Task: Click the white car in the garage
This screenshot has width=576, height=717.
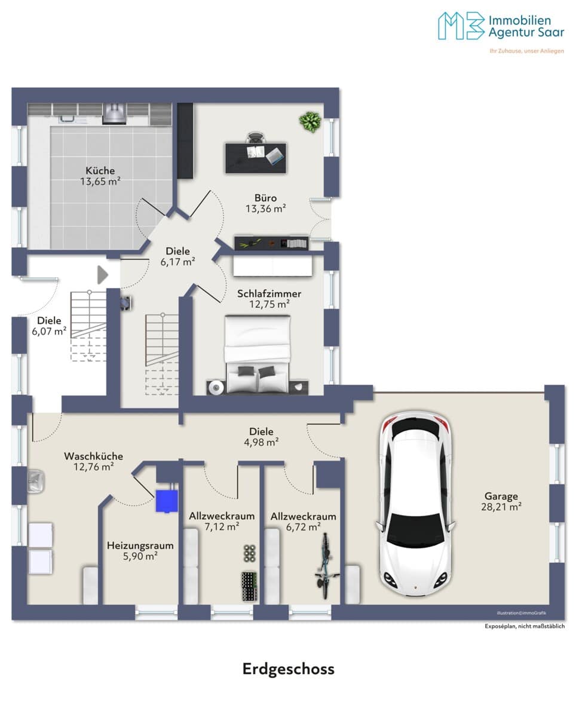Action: [415, 504]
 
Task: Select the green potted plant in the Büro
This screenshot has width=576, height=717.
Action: [310, 122]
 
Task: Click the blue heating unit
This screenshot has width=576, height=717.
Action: [167, 501]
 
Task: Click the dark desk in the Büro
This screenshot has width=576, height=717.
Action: [256, 158]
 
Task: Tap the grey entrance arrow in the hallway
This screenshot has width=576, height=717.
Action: [103, 275]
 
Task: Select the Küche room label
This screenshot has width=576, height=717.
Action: [100, 171]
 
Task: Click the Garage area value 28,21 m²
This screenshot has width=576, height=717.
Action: [501, 507]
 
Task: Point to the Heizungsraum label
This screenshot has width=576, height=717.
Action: [140, 546]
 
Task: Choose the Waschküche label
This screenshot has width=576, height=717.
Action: [94, 456]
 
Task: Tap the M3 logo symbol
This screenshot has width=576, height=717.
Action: [461, 25]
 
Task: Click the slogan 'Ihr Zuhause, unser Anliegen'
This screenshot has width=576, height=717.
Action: [526, 51]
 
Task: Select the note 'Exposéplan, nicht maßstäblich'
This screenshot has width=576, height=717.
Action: [525, 626]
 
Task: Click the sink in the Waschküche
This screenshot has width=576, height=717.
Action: [36, 480]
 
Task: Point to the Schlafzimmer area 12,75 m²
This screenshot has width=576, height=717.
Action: [269, 304]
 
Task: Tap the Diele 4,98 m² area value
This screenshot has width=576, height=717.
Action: [262, 442]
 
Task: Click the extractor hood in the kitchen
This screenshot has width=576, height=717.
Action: [114, 114]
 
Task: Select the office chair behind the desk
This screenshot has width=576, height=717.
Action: [256, 137]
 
